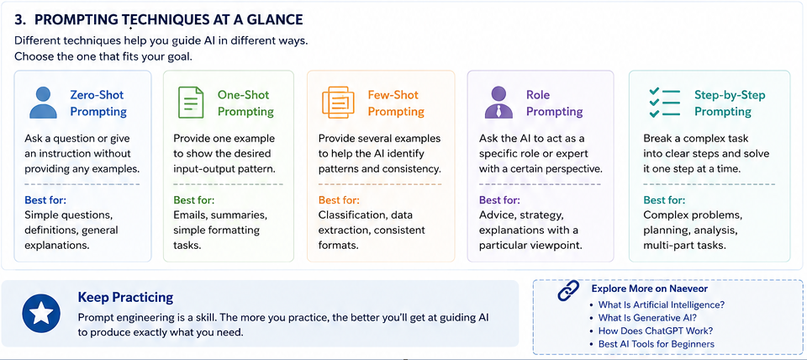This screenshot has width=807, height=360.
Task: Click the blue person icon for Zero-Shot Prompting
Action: click(43, 103)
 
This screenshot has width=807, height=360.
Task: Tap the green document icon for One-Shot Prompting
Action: click(187, 103)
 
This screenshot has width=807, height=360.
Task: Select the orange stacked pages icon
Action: click(338, 103)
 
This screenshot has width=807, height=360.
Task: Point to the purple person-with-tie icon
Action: click(498, 103)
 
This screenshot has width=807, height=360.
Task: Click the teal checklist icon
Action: click(664, 103)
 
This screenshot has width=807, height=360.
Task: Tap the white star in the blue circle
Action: click(42, 313)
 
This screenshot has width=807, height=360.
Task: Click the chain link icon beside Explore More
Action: click(569, 291)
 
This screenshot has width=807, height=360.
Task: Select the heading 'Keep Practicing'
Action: click(125, 297)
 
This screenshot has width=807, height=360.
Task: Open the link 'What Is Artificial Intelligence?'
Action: click(662, 304)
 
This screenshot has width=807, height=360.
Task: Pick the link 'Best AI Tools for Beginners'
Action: click(657, 344)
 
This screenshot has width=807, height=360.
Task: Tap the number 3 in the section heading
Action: click(18, 19)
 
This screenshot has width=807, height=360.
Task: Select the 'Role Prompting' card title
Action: click(554, 103)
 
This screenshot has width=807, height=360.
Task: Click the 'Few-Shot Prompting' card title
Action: click(396, 103)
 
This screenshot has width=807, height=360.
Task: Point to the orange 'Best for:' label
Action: click(339, 200)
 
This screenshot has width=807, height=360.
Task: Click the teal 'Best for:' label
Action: click(664, 200)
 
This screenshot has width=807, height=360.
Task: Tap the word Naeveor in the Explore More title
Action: click(687, 289)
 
